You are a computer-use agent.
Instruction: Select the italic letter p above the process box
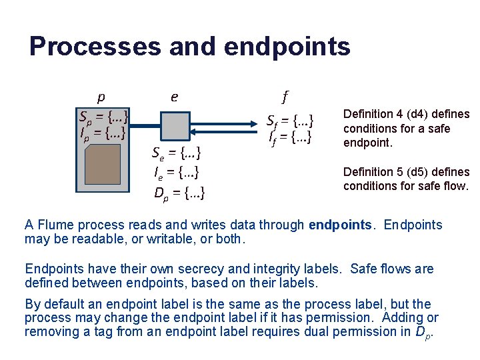[101, 97]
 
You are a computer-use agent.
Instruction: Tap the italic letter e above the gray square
[174, 97]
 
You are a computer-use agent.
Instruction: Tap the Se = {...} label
[177, 155]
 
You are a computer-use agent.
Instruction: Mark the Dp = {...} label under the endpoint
[179, 194]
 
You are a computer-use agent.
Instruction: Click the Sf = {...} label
[289, 122]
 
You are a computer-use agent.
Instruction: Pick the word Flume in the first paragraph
[53, 225]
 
